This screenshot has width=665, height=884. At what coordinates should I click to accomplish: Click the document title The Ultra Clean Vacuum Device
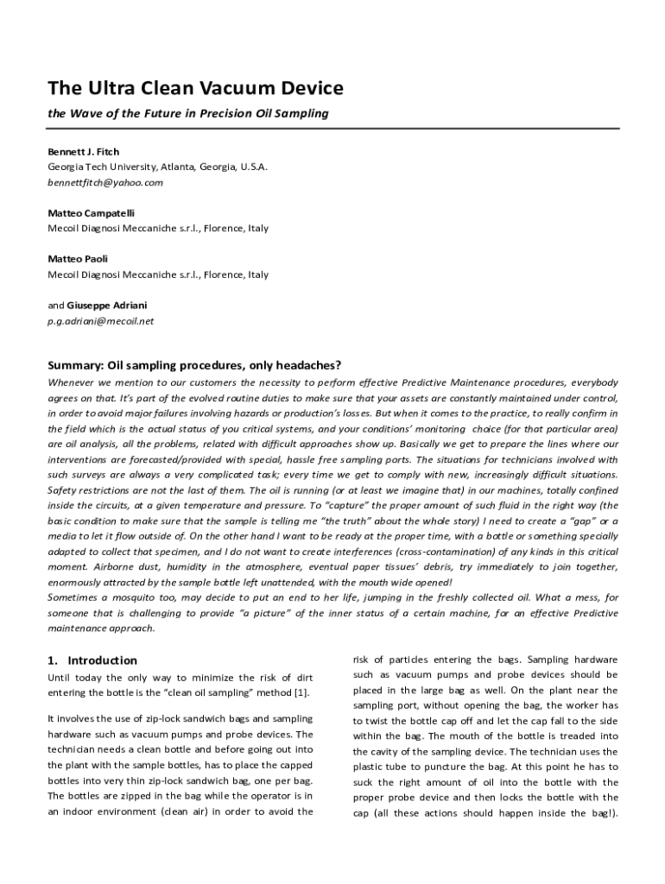point(195,88)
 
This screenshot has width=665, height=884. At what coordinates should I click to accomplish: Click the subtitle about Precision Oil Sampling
point(188,114)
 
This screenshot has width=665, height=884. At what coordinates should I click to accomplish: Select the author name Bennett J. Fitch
point(84,152)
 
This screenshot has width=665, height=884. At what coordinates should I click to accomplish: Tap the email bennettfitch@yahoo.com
point(105,183)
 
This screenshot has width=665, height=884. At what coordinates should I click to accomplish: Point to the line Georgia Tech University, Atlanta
point(157,167)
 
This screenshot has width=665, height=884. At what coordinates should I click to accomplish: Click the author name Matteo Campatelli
point(91,213)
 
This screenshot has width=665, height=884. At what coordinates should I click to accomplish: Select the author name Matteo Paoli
point(78,259)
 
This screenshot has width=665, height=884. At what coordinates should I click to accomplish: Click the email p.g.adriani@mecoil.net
point(100,321)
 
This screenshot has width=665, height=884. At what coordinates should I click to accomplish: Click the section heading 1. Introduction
point(92,660)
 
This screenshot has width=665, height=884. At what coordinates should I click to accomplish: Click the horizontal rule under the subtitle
point(332,129)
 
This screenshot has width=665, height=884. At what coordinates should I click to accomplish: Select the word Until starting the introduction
point(61,678)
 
